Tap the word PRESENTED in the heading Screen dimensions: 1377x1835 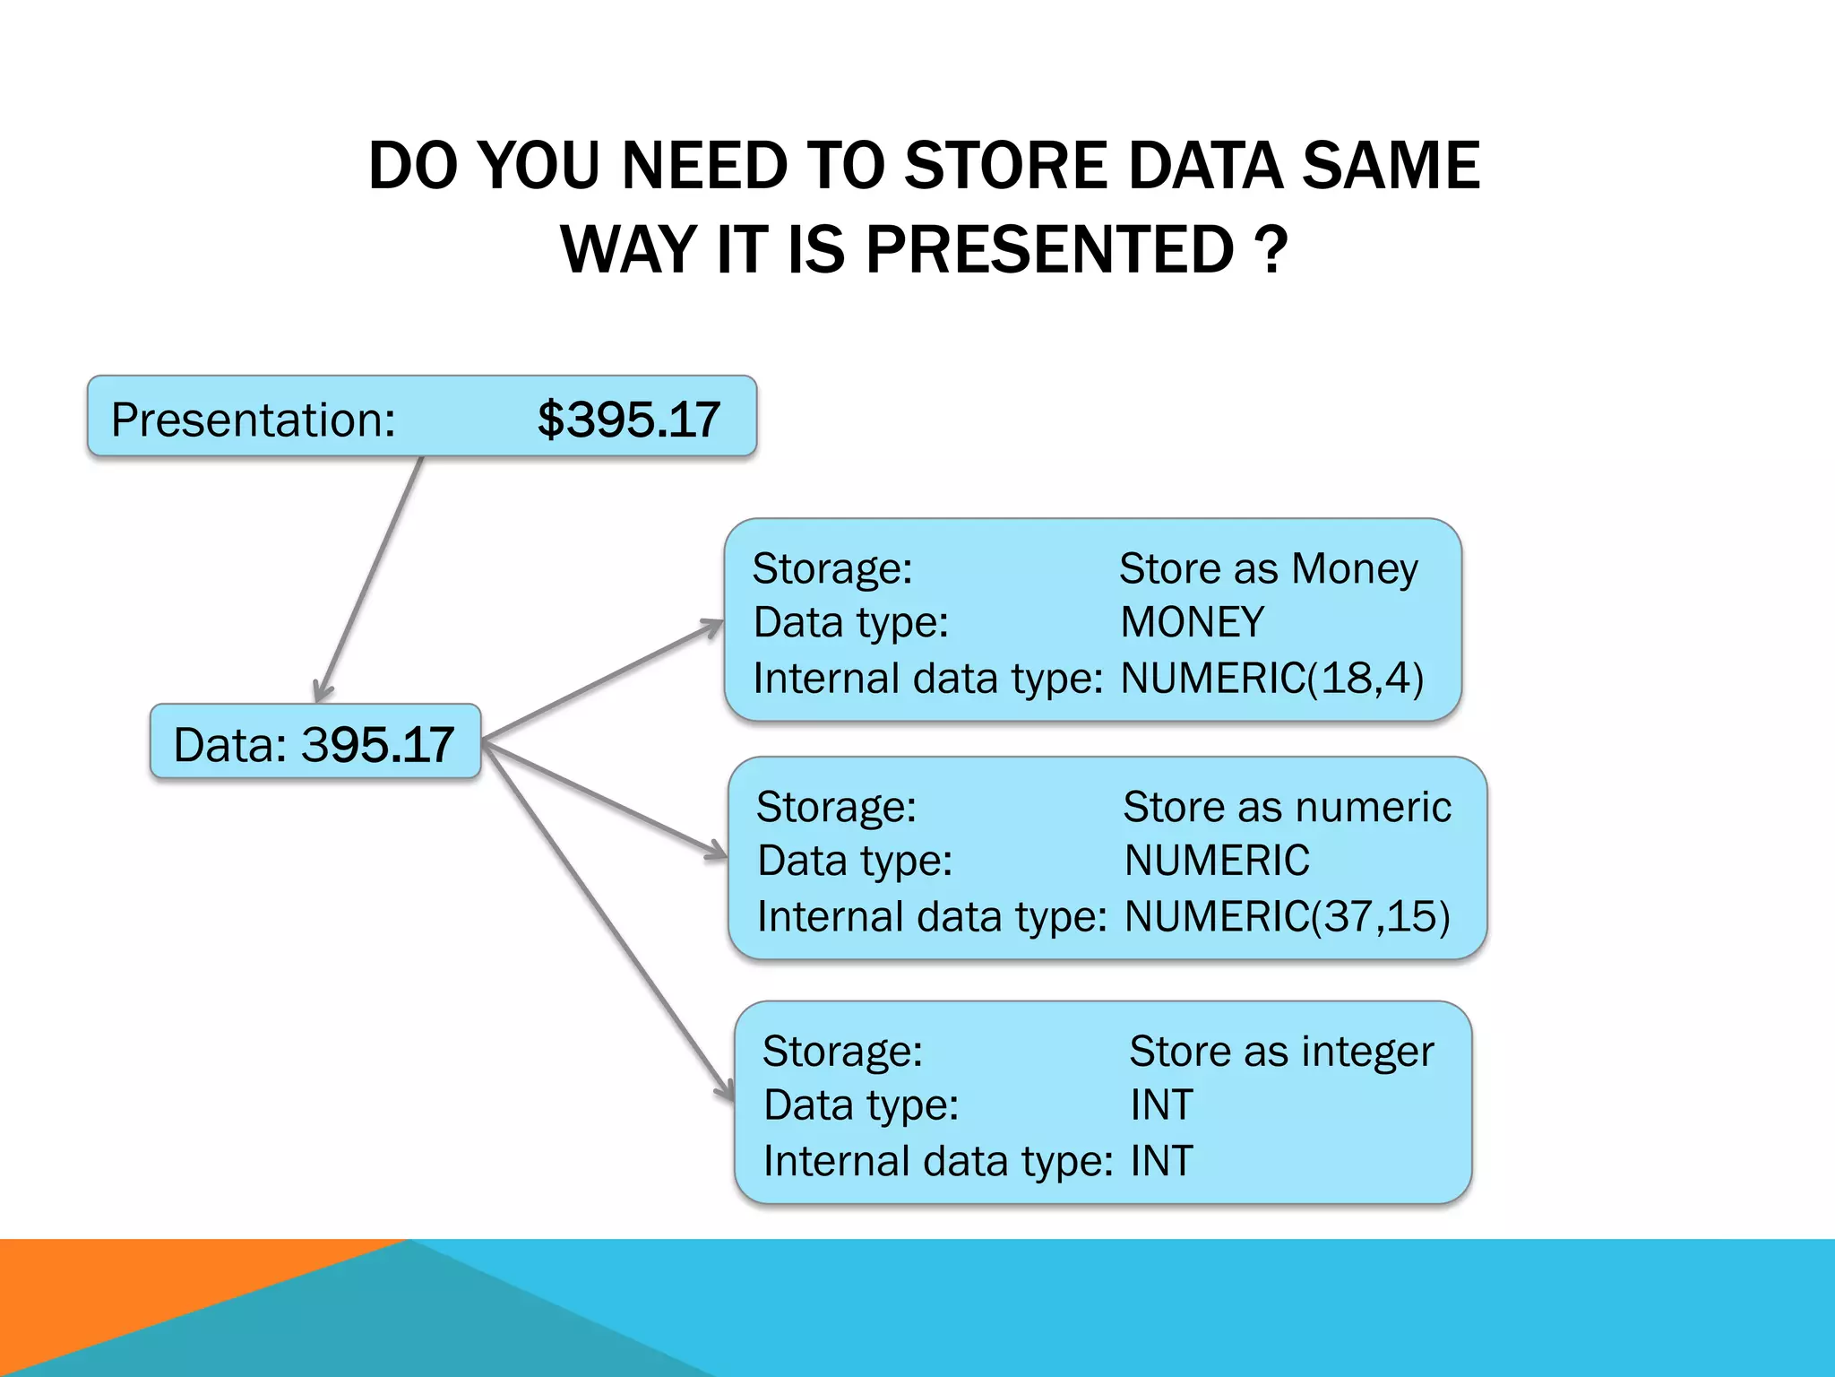click(x=1050, y=250)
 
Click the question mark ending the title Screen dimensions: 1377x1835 click(x=1271, y=250)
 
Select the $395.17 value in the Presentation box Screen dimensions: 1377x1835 click(x=629, y=420)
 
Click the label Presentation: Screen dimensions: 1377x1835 click(x=254, y=420)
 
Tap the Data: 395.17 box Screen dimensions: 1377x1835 click(x=315, y=743)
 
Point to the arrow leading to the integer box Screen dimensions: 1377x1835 click(x=609, y=923)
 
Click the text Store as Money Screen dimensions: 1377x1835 click(x=1268, y=569)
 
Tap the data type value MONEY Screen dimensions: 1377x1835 click(x=1192, y=623)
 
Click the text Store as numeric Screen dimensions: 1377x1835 click(x=1287, y=808)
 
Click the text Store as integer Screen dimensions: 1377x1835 click(x=1281, y=1052)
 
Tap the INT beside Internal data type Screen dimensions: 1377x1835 click(x=1161, y=1161)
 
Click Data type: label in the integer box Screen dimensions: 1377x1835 click(x=861, y=1105)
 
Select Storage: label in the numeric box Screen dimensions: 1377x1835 click(x=836, y=808)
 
